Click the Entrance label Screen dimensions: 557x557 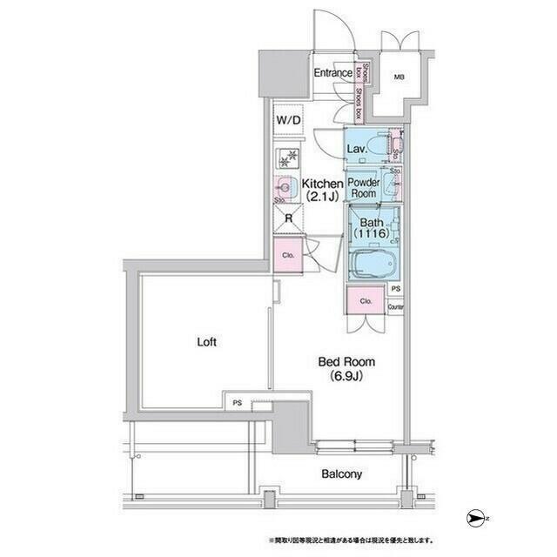point(333,73)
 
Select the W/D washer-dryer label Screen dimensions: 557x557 point(288,119)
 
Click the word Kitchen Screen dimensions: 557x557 point(323,183)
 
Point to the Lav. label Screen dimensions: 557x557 point(356,150)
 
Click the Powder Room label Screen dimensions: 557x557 point(363,187)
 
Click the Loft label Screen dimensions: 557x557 point(205,342)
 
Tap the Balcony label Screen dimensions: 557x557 point(341,474)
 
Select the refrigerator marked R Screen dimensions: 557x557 point(288,218)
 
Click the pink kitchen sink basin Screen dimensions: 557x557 point(285,184)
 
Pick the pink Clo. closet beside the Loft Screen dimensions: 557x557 point(288,255)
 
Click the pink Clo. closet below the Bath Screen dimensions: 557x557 point(366,301)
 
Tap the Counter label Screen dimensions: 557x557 point(396,307)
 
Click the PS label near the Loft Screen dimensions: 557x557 point(237,403)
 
